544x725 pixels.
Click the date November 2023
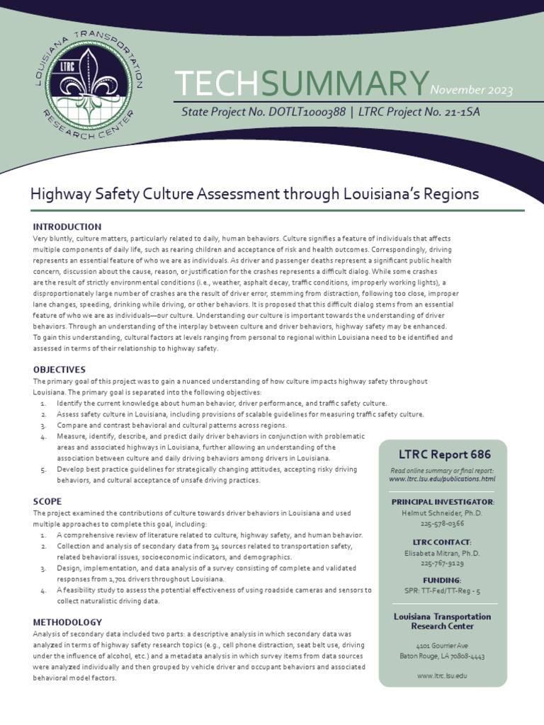[x=471, y=89]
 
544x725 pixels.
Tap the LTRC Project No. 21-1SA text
[x=424, y=111]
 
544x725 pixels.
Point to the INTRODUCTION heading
[x=67, y=227]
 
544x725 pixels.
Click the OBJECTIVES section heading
[x=59, y=370]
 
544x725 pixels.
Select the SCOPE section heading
[x=47, y=501]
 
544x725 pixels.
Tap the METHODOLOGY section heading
[x=68, y=622]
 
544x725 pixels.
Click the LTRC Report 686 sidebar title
[x=443, y=454]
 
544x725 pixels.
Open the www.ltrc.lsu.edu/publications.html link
[x=443, y=479]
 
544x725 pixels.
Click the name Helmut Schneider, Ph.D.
[x=443, y=513]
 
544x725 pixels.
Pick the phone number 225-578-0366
[x=443, y=523]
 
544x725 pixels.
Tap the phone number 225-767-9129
[x=443, y=564]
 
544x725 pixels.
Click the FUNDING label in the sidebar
[x=443, y=580]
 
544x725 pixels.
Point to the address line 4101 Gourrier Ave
[x=443, y=646]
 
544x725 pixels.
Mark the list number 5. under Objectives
[x=42, y=469]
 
